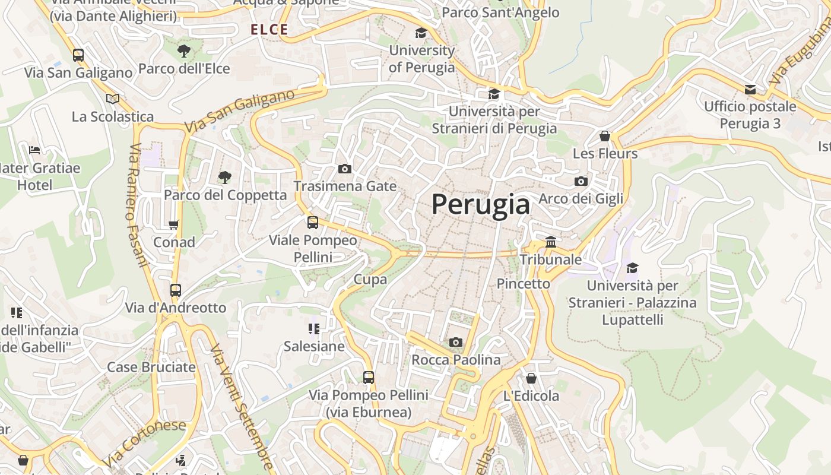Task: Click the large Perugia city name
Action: point(480,204)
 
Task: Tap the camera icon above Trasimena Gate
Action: point(344,169)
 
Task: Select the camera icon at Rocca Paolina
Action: point(456,342)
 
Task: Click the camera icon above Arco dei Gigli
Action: point(581,182)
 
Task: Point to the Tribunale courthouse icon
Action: point(551,242)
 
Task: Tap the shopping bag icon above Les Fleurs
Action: point(605,136)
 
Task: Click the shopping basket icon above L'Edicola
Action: point(531,378)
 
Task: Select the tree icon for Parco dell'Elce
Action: point(184,51)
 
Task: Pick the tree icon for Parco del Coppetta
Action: point(224,177)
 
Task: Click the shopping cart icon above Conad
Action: point(174,224)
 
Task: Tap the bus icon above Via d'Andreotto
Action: point(176,290)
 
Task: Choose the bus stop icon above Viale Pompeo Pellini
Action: point(313,223)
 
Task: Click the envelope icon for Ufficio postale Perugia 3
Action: point(750,90)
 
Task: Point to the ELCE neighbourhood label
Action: point(269,30)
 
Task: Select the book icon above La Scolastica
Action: point(113,99)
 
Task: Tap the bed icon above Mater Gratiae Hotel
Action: point(34,150)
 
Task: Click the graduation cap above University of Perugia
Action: point(421,33)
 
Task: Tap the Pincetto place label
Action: point(524,284)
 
